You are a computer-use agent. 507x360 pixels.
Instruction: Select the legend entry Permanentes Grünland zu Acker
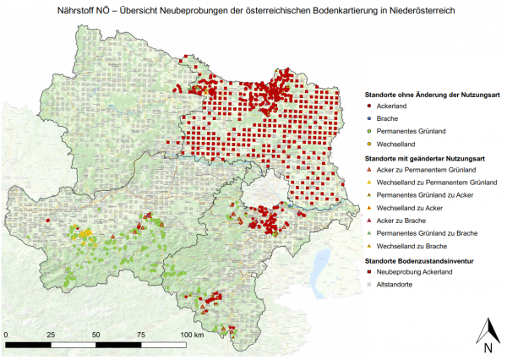pos(418,194)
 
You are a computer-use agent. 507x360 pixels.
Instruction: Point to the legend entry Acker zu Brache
pos(401,220)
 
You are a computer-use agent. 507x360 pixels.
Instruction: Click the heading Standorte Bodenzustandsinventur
pos(422,260)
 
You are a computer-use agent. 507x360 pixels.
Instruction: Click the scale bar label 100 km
pos(194,335)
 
